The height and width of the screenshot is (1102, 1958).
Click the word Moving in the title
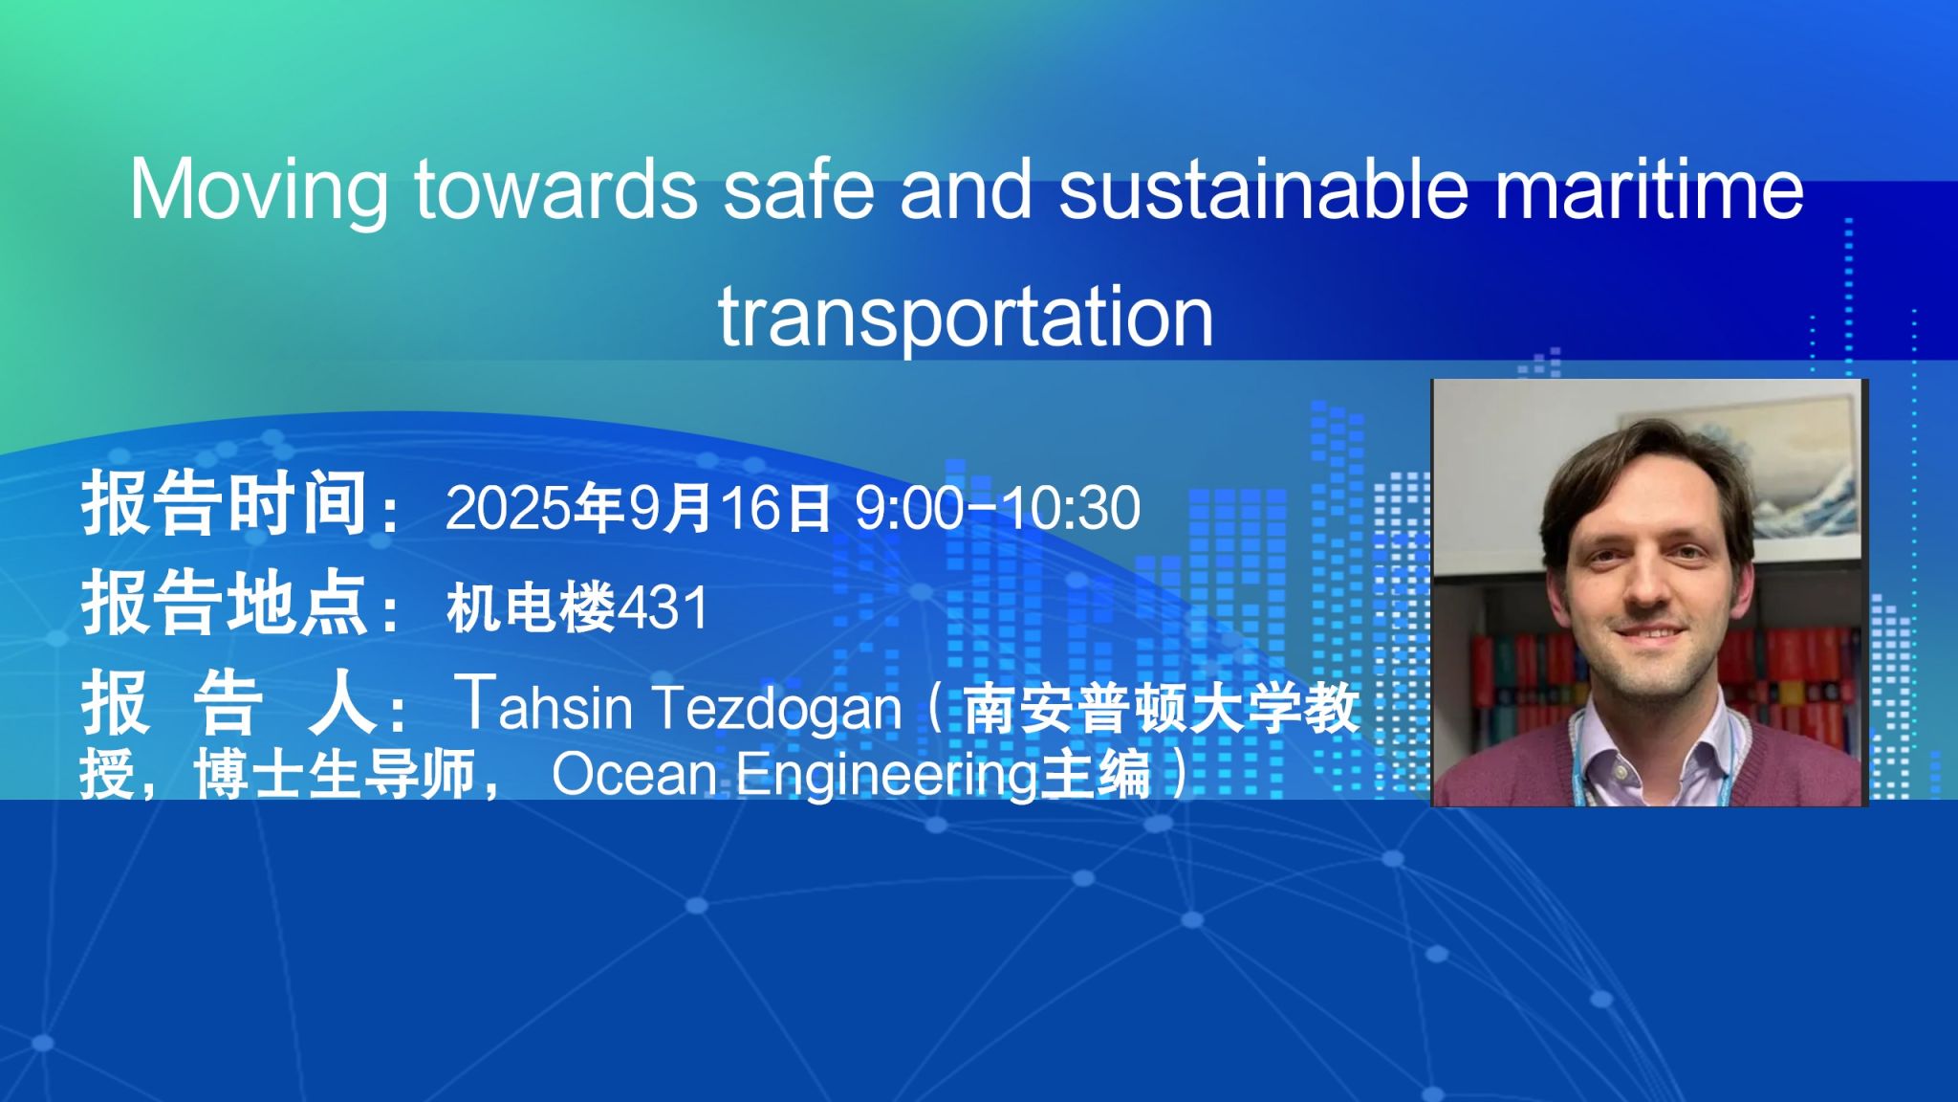click(x=259, y=190)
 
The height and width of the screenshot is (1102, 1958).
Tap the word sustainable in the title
click(x=1263, y=188)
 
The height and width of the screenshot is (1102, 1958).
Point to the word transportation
click(x=966, y=317)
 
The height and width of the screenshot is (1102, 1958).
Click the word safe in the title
click(x=798, y=188)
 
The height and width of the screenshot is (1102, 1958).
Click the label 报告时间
click(x=225, y=504)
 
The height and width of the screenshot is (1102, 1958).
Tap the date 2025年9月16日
click(x=638, y=507)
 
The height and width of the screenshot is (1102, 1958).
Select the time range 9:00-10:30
click(x=997, y=507)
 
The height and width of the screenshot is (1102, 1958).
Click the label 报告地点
click(x=225, y=604)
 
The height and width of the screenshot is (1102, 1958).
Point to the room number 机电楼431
click(x=577, y=607)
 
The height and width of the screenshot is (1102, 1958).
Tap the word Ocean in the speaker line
click(x=634, y=774)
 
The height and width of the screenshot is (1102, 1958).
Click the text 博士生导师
click(x=335, y=774)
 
